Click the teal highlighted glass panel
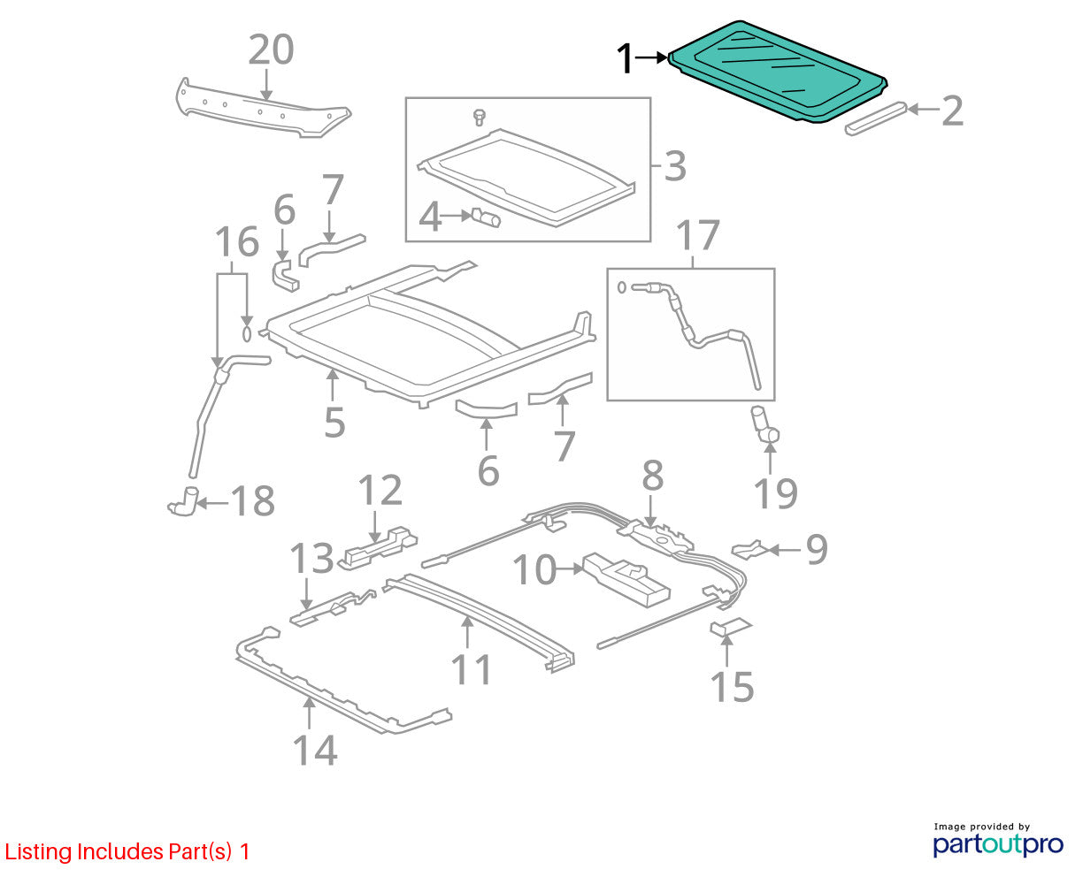[x=778, y=71]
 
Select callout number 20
[x=271, y=50]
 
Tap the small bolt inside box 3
[x=479, y=118]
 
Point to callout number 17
[x=697, y=235]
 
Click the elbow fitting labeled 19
[x=764, y=426]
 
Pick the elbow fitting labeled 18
[x=183, y=502]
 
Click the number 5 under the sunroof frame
[x=334, y=422]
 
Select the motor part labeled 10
[x=626, y=580]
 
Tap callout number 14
[x=315, y=750]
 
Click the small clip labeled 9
[x=749, y=550]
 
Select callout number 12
[x=380, y=491]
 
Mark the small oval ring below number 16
[x=247, y=334]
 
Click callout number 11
[x=472, y=669]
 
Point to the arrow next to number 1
[x=651, y=58]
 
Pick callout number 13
[x=311, y=558]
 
